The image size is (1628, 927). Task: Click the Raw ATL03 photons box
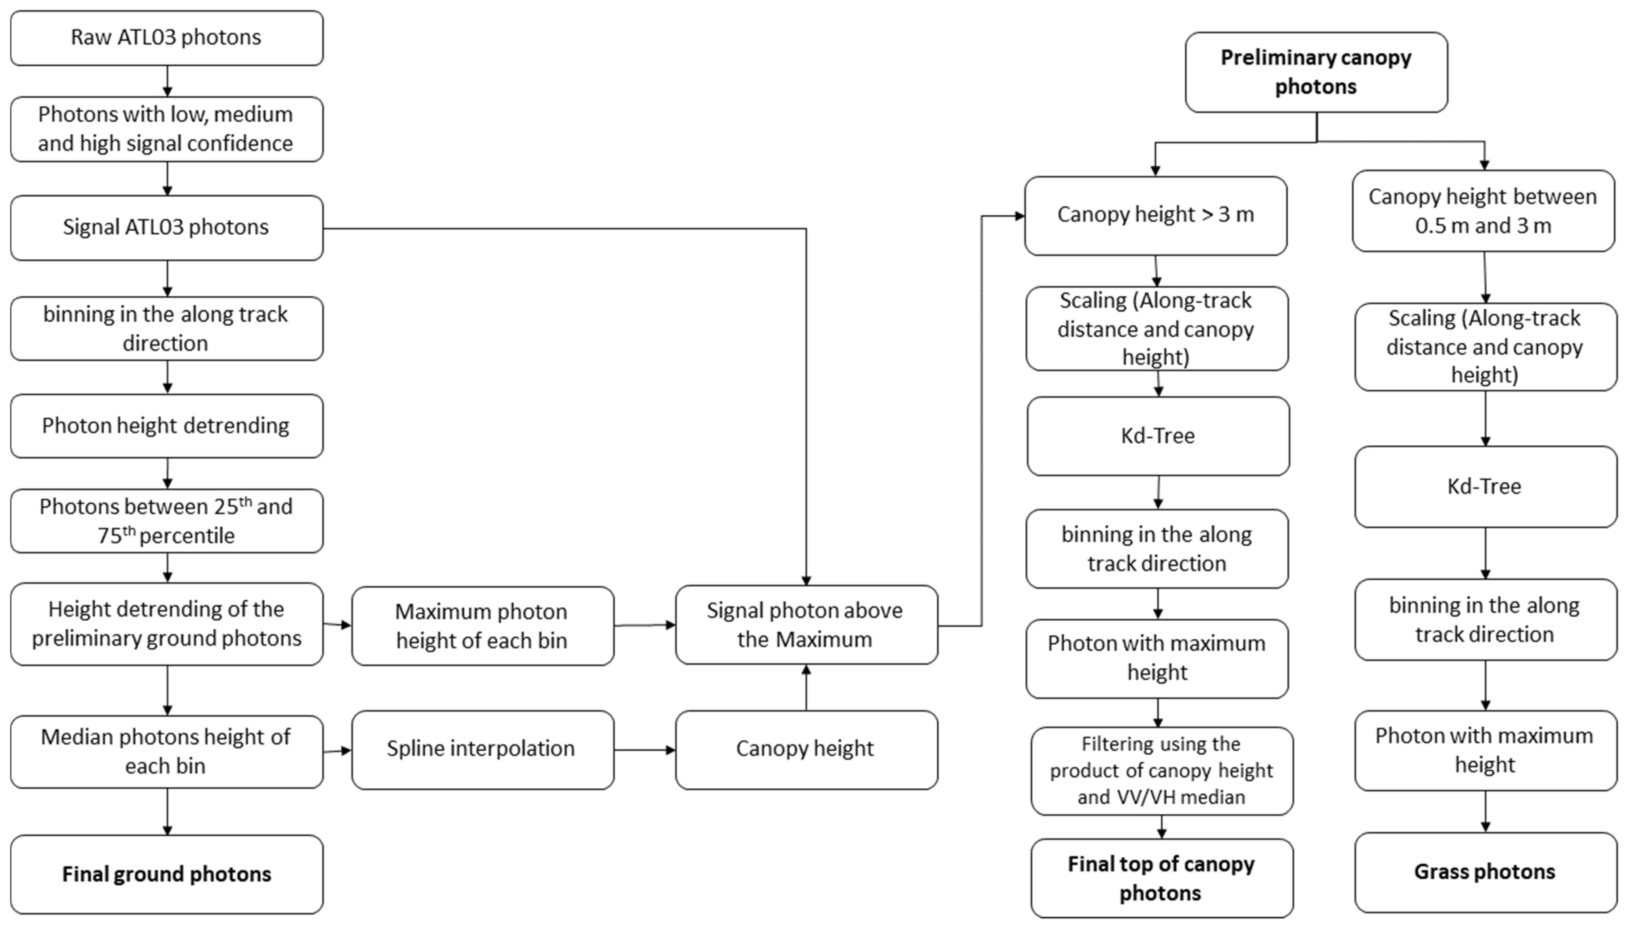166,38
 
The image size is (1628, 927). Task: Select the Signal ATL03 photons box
166,227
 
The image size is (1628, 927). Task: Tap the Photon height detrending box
166,425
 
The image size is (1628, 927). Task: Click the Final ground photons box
166,874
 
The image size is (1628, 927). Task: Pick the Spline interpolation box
482,750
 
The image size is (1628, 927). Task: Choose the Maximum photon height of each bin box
482,626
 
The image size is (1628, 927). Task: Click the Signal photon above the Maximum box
806,624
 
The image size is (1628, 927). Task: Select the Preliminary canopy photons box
1316,72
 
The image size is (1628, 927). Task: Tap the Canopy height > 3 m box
1155,215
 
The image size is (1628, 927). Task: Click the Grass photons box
1485,871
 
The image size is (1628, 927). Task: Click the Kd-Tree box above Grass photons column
1485,486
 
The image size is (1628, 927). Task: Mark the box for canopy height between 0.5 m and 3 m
1483,211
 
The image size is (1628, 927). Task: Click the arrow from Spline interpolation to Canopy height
644,750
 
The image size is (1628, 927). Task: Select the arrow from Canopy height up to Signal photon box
806,688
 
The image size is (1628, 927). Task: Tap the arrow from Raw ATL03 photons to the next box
167,81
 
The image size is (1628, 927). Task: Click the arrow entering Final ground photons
167,812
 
